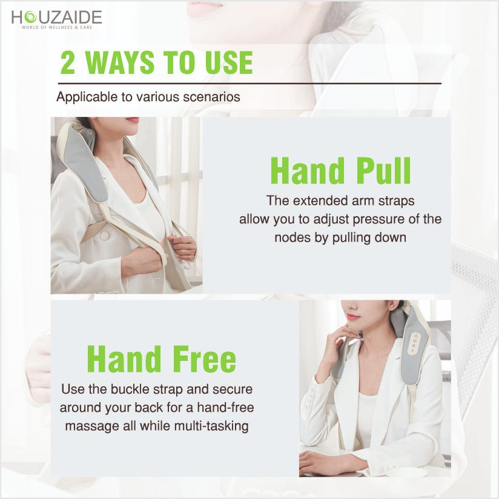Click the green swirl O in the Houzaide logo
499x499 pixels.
[x=30, y=17]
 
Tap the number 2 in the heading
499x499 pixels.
[x=68, y=62]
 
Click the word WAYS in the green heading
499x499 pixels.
[x=120, y=62]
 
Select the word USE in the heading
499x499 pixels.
[x=229, y=62]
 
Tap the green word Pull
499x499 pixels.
[x=383, y=171]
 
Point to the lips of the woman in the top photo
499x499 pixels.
[x=133, y=120]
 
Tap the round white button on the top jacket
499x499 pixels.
[x=105, y=236]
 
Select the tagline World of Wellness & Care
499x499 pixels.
[x=57, y=28]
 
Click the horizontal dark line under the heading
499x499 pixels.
[x=249, y=84]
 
